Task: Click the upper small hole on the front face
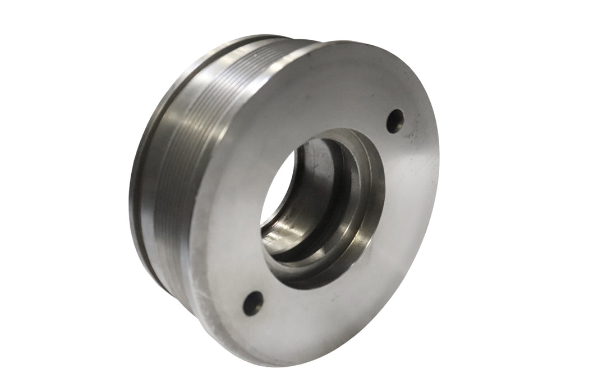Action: [395, 120]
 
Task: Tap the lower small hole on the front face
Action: [253, 303]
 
